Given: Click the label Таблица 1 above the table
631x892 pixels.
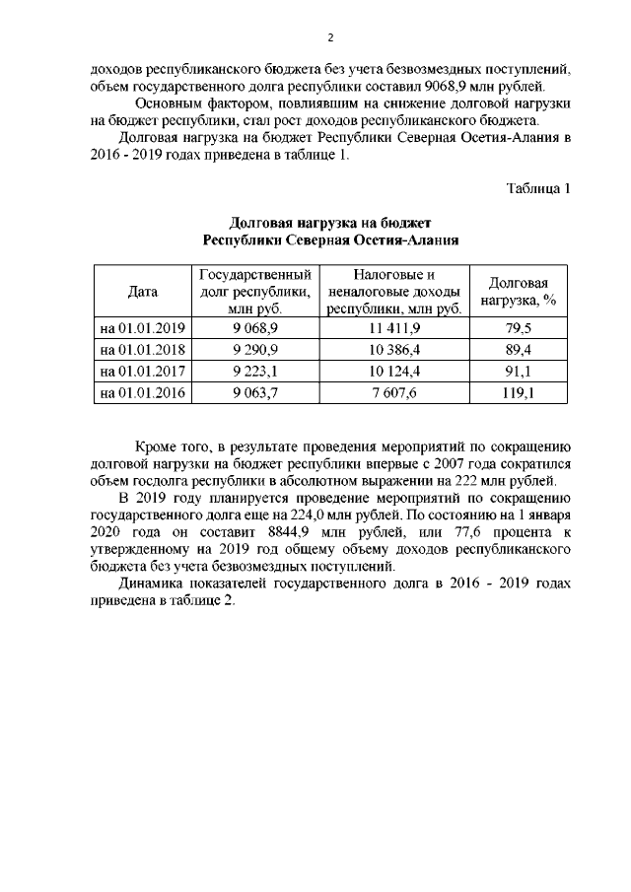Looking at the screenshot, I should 538,188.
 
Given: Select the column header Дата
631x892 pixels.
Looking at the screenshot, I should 142,291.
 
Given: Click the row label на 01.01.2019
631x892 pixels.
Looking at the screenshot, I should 142,328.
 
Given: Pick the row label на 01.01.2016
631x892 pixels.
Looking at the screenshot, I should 142,393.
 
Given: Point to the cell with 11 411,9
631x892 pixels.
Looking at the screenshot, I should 394,328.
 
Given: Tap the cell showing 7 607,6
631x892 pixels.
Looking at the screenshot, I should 394,393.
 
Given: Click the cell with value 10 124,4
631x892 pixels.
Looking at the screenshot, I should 394,372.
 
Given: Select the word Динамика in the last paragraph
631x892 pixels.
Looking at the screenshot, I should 151,584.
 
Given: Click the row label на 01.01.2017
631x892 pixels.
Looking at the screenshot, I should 142,372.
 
